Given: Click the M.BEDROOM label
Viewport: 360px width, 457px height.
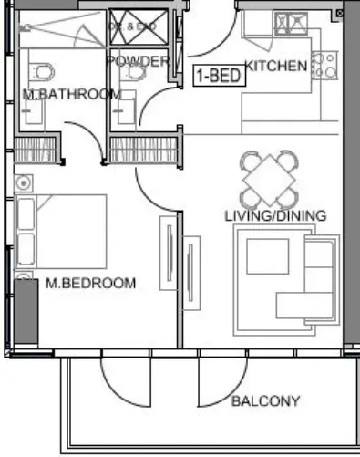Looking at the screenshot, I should [90, 284].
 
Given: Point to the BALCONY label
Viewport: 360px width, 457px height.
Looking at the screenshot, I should [265, 400].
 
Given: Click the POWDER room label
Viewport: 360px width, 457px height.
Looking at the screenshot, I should [138, 61].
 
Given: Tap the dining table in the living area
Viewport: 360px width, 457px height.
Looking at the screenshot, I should [271, 179].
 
